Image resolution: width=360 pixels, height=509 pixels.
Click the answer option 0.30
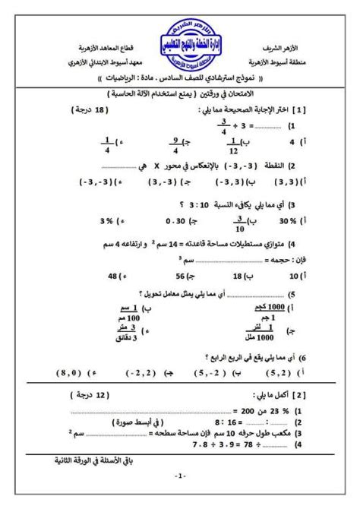[x=176, y=222]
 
